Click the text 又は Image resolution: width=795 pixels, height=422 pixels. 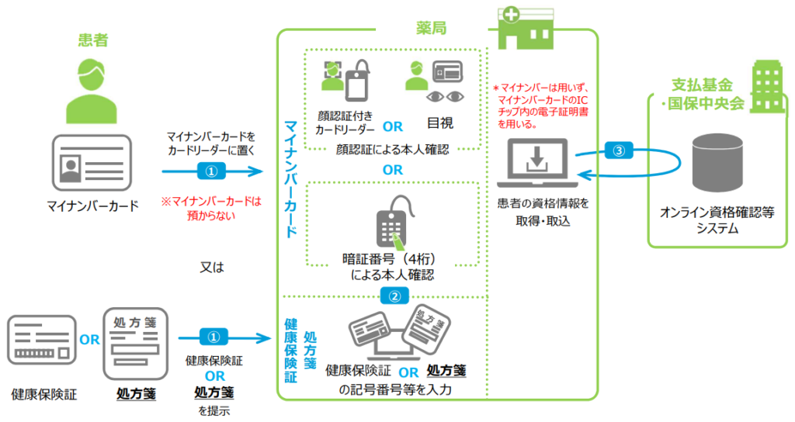pos(211,267)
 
